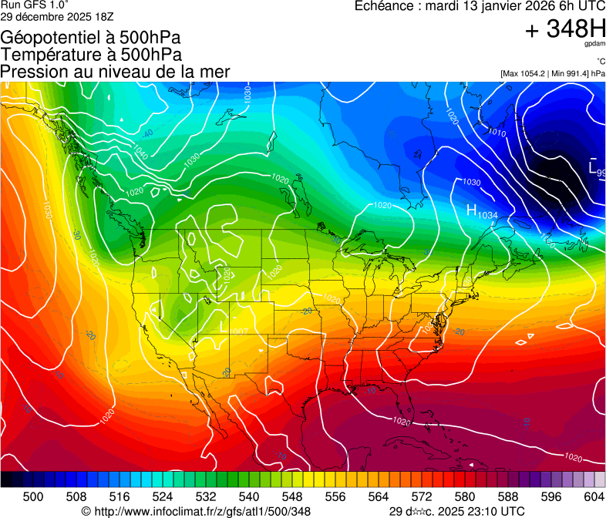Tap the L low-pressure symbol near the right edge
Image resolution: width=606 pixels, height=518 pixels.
coord(592,167)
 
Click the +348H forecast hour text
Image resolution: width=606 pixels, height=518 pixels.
coord(565,30)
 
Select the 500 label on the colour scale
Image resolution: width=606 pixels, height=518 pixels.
coord(33,496)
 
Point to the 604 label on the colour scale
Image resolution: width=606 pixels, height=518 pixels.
coord(594,496)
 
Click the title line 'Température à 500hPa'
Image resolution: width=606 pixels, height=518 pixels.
coord(91,55)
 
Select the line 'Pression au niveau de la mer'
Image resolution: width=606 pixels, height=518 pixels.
coord(116,72)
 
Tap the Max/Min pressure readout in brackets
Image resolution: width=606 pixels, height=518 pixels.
coord(552,73)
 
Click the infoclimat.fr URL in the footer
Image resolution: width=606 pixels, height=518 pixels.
coord(196,511)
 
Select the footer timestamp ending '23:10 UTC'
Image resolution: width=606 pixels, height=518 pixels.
coord(456,511)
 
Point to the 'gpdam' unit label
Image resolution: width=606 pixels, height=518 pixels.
coord(594,44)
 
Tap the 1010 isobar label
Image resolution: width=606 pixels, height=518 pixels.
coord(496,133)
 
